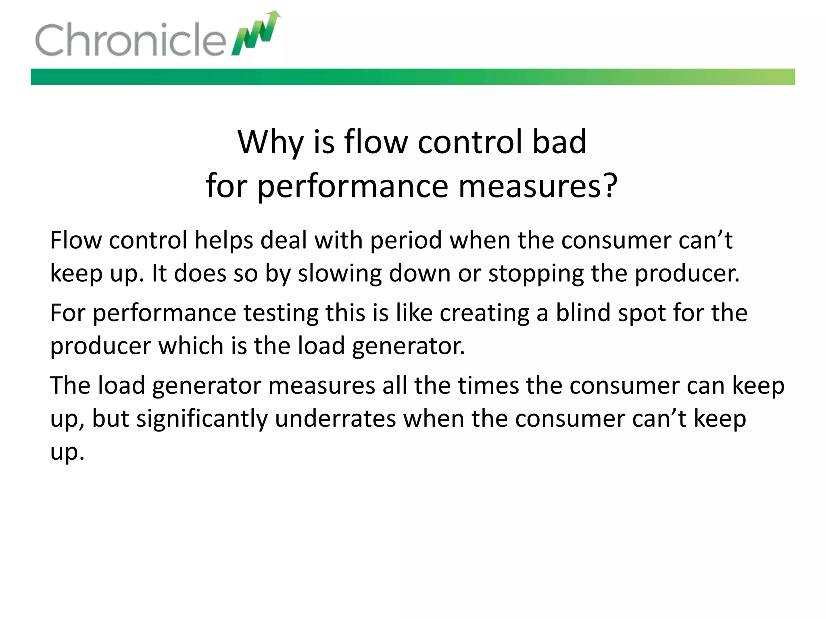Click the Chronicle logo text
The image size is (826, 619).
[130, 39]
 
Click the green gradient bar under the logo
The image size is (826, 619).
[412, 77]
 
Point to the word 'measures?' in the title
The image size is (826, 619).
[538, 187]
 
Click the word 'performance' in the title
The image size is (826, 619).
[353, 187]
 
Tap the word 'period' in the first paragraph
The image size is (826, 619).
[406, 241]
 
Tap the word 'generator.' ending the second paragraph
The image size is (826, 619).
[408, 346]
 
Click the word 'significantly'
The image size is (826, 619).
[202, 419]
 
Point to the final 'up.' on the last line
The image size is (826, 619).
[67, 452]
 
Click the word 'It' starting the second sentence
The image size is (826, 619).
[159, 274]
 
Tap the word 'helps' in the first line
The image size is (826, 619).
[224, 241]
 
